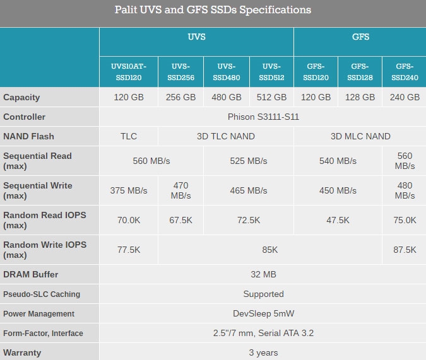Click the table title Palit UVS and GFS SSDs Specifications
[x=213, y=10]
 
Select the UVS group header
[x=196, y=37]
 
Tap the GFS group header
[x=360, y=37]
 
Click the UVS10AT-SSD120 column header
[x=129, y=72]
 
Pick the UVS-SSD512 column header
[x=271, y=72]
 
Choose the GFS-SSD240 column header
[x=405, y=72]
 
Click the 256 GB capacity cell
[x=180, y=97]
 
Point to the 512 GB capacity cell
[x=271, y=97]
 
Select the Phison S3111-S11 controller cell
[x=263, y=117]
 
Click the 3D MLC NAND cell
[x=360, y=136]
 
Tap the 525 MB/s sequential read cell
[x=249, y=161]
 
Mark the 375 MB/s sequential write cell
[x=129, y=190]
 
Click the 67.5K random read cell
[x=180, y=220]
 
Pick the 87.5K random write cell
[x=405, y=250]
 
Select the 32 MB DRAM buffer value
[x=263, y=274]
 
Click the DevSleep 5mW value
[x=263, y=313]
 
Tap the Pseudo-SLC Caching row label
[x=41, y=294]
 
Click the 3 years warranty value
[x=263, y=352]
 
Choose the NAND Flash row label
[x=28, y=136]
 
